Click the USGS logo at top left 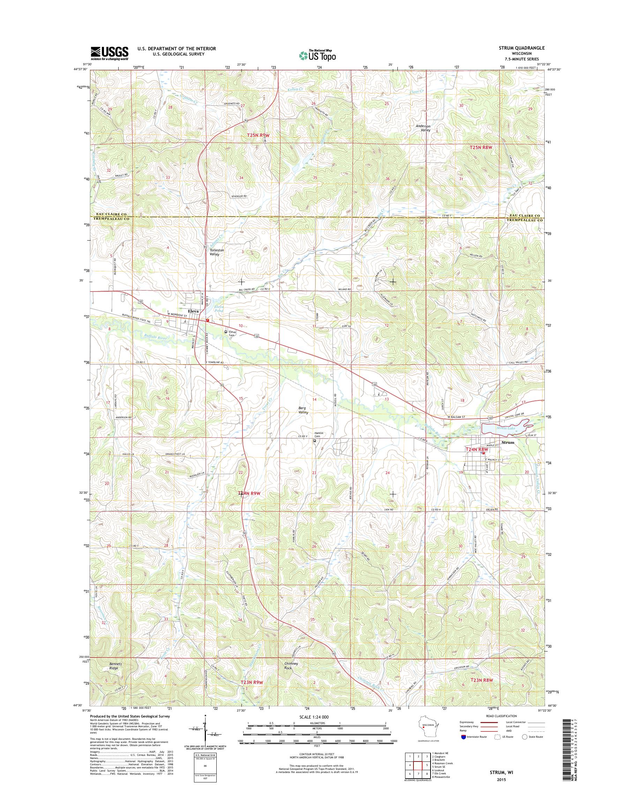[110, 53]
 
